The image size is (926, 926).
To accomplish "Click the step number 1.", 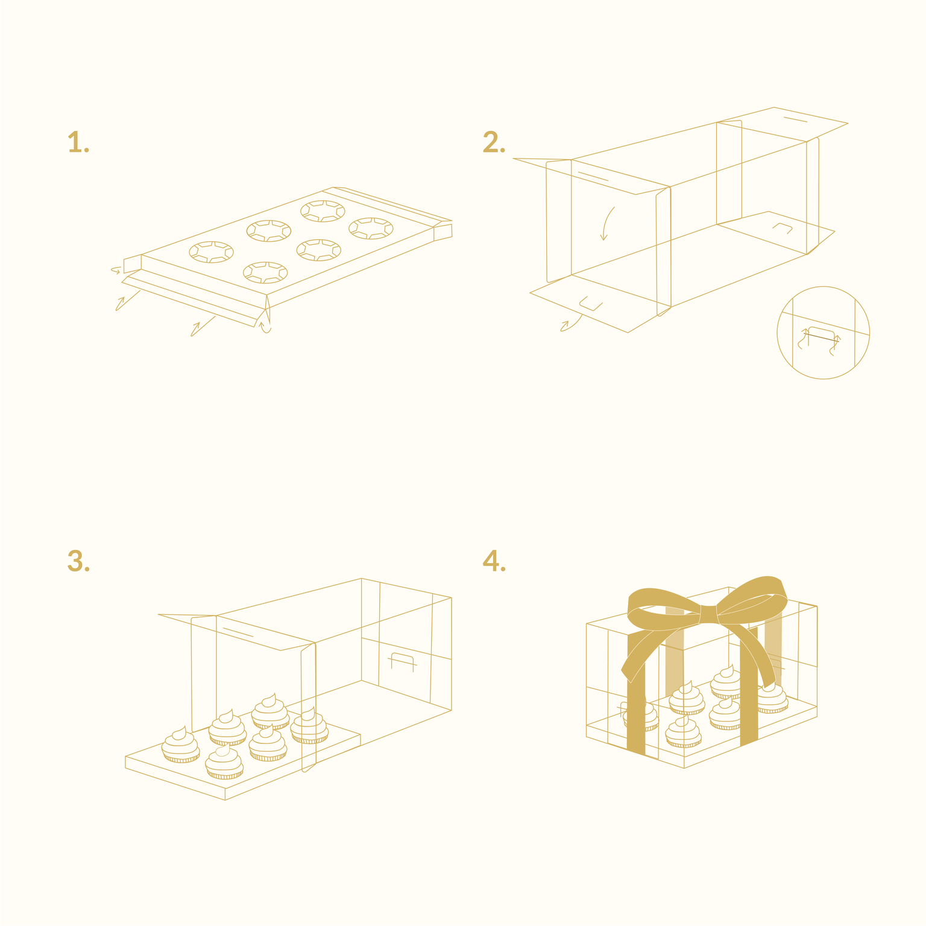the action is (x=78, y=143).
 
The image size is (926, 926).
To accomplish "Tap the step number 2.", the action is (x=494, y=143).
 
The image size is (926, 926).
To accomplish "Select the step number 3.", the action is (x=78, y=561).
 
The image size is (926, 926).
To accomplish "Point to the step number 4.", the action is (x=494, y=561).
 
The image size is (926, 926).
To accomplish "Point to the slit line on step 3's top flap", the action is (x=238, y=631).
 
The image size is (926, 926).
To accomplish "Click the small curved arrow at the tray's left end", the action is (x=116, y=270).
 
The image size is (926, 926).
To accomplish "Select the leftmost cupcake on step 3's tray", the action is (x=180, y=745).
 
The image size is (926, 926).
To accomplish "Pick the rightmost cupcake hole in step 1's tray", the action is (x=371, y=228).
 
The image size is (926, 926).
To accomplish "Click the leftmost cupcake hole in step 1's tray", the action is (x=211, y=252).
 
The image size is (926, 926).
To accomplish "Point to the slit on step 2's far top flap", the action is (x=795, y=119).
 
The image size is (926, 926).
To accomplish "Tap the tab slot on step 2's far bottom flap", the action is (x=783, y=228).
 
